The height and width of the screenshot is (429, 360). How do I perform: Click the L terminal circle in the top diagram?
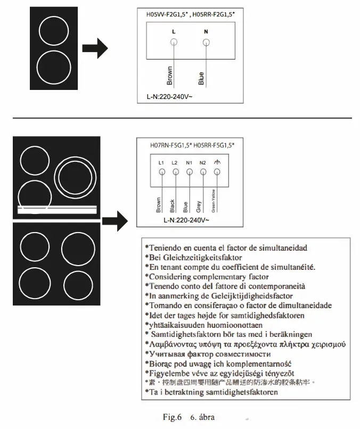coord(174,42)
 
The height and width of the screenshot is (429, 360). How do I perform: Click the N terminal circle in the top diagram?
coord(206,42)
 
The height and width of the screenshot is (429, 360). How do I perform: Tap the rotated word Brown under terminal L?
coord(170,76)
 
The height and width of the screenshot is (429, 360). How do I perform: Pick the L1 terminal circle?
coord(161,172)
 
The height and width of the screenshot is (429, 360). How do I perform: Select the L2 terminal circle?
coord(175,172)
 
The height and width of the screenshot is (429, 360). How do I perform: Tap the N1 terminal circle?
coord(189,172)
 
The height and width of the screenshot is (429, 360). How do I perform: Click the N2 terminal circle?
coord(203,172)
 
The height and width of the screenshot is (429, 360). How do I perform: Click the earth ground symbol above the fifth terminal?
coord(217,162)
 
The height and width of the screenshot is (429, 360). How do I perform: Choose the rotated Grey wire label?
coord(199,206)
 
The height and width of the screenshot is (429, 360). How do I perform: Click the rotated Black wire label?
coord(171,205)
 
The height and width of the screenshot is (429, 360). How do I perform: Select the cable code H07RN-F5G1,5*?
coord(171,144)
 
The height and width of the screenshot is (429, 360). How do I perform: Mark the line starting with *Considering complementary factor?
coord(208,277)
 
